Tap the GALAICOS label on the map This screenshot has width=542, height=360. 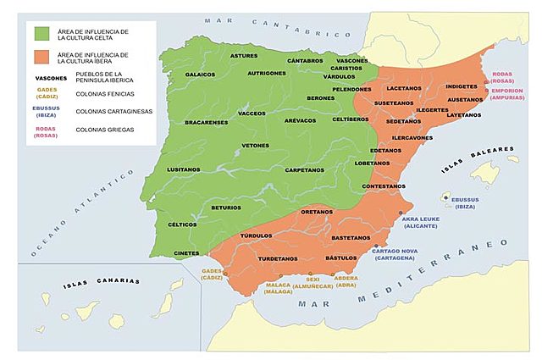pos(200,74)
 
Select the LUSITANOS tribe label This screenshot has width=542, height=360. pos(184,169)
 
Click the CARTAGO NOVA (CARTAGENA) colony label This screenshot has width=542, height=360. pos(393,252)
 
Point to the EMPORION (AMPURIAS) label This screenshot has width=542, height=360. pos(507,94)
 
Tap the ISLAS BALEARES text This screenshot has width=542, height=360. pos(479,159)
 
